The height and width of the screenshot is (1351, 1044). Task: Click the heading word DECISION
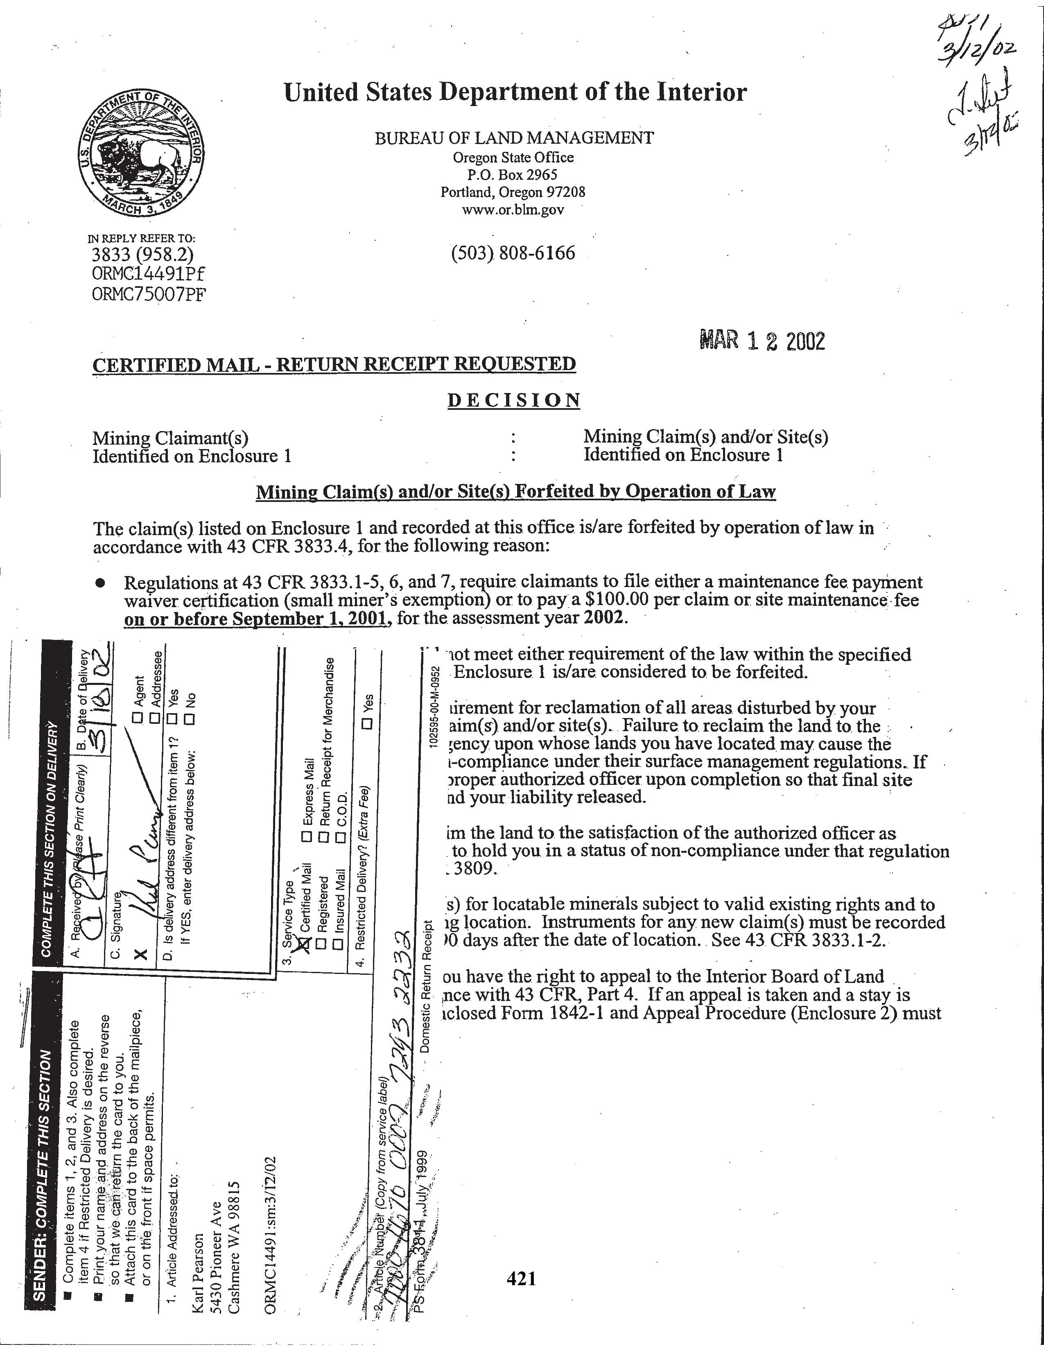click(514, 400)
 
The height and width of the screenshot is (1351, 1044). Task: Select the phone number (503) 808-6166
click(513, 253)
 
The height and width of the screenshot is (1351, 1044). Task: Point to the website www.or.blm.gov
click(513, 210)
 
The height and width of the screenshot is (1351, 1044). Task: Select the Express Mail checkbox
click(305, 837)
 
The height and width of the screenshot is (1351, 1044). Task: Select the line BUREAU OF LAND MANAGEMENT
click(514, 138)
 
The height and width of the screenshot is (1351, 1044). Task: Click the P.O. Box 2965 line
click(513, 175)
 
